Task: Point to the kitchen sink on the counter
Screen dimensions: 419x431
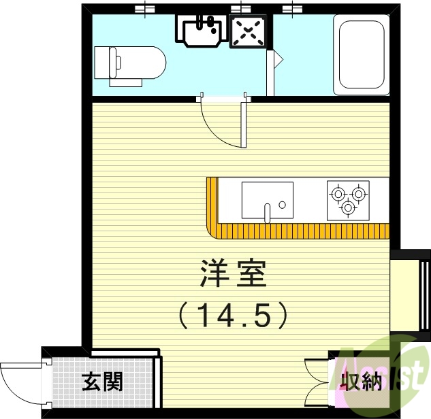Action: pyautogui.click(x=267, y=201)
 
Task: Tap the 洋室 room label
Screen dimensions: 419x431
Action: pyautogui.click(x=232, y=273)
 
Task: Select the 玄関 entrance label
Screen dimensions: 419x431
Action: pyautogui.click(x=102, y=382)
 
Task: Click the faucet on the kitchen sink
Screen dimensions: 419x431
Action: pyautogui.click(x=268, y=212)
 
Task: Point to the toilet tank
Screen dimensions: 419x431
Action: pyautogui.click(x=103, y=63)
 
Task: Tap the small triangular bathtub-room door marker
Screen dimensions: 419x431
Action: pyautogui.click(x=276, y=59)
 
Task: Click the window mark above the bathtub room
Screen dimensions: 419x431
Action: pyautogui.click(x=294, y=8)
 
